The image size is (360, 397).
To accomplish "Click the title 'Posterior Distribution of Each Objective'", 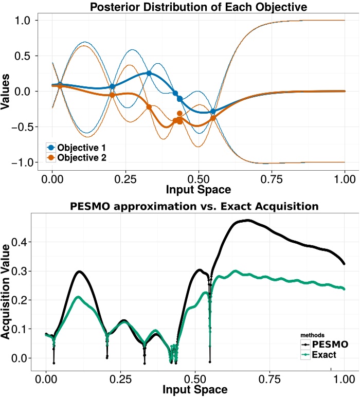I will pos(199,7).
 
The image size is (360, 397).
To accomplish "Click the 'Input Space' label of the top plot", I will pos(198,189).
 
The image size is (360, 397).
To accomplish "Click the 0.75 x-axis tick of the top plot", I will pos(271,179).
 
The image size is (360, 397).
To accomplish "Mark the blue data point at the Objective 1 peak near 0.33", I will pos(149,74).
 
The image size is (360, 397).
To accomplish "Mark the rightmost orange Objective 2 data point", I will pos(213,118).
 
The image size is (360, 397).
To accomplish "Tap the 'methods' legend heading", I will pos(312,335).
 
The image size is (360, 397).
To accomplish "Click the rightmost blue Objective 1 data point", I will pos(213,111).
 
